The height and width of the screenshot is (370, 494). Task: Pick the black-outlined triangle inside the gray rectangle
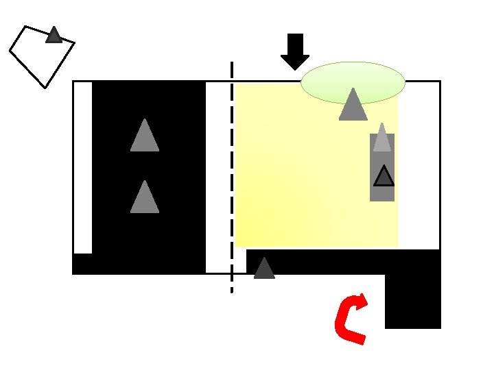(384, 177)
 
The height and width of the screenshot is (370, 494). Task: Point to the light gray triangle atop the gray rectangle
(382, 139)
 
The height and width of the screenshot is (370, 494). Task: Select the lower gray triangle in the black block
(144, 199)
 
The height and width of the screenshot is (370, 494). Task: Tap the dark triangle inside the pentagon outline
(54, 36)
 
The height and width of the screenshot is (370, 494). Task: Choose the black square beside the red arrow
(412, 301)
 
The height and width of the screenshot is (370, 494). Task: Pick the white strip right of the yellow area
(419, 164)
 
